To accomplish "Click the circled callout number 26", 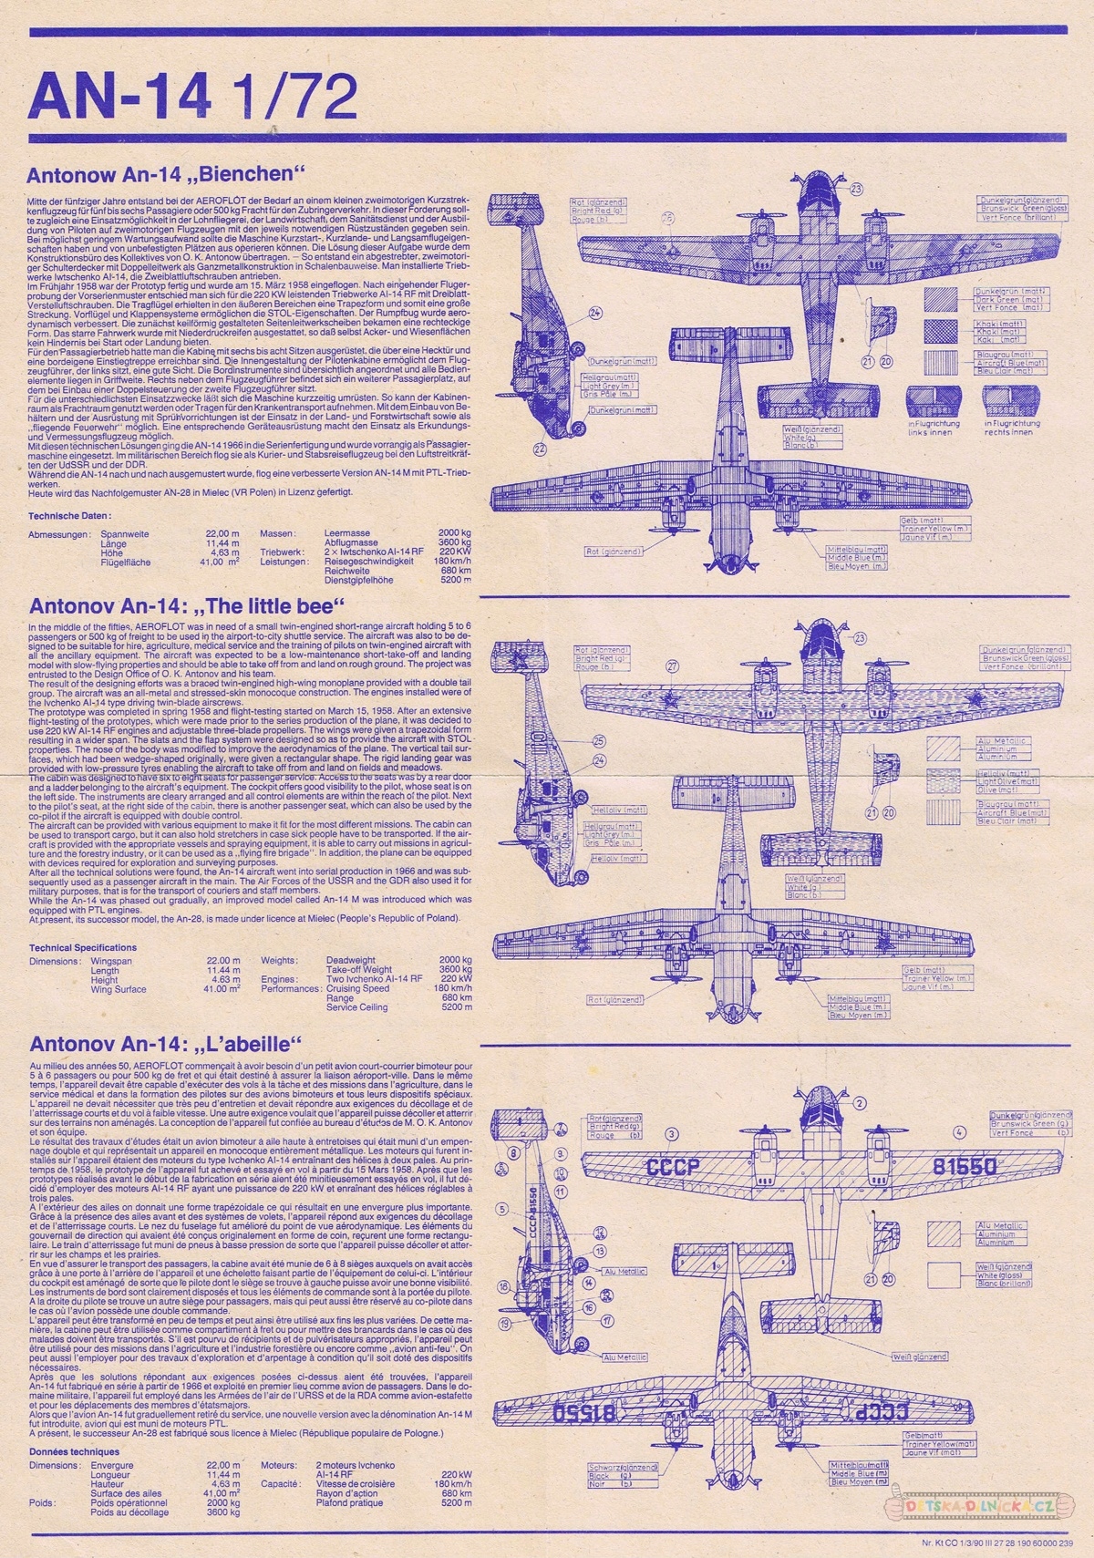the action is (667, 218).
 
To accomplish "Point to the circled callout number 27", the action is (673, 666).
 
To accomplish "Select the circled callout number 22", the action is (541, 449).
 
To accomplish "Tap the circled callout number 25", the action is (599, 740).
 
